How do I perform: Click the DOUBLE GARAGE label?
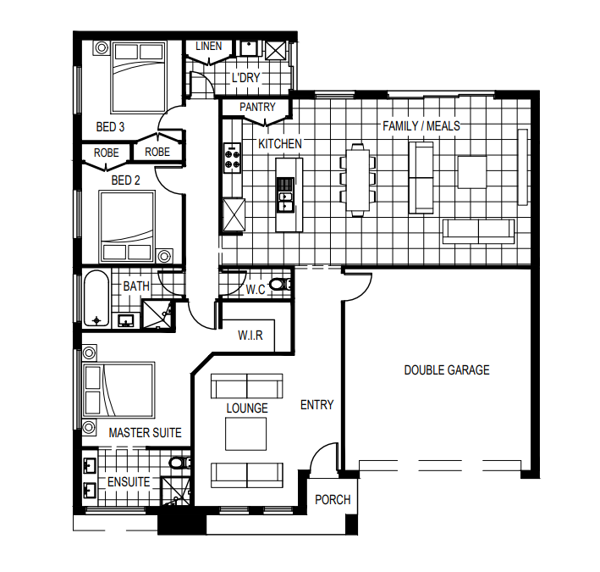(x=447, y=370)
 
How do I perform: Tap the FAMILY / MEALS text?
(x=421, y=126)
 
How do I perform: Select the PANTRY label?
(x=257, y=107)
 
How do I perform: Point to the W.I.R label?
(x=250, y=336)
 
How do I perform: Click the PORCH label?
(x=333, y=500)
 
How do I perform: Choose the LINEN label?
(x=208, y=47)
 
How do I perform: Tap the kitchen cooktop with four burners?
(x=232, y=158)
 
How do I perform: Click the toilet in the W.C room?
(x=281, y=284)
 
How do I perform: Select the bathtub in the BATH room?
(x=96, y=298)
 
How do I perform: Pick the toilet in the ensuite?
(x=180, y=463)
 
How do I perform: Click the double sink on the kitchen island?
(x=286, y=202)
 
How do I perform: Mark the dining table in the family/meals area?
(x=358, y=180)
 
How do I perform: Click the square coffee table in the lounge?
(x=245, y=434)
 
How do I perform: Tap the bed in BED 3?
(x=139, y=78)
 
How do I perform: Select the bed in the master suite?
(x=119, y=390)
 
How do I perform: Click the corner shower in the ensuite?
(x=175, y=491)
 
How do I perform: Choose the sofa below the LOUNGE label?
(x=247, y=475)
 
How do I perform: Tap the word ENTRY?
(x=317, y=405)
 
